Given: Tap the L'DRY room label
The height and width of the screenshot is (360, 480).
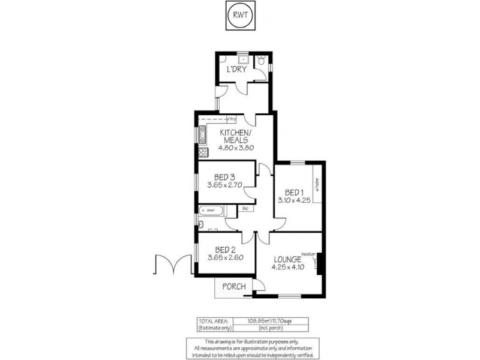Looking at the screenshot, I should pyautogui.click(x=236, y=69).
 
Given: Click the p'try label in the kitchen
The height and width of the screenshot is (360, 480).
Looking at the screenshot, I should pyautogui.click(x=231, y=117).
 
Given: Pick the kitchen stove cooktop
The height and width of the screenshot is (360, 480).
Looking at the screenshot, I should pyautogui.click(x=203, y=152).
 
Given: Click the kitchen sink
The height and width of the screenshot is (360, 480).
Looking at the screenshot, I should pyautogui.click(x=203, y=137).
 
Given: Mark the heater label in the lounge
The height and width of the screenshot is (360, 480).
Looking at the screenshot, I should pyautogui.click(x=309, y=254).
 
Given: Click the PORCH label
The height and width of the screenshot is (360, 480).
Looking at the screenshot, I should pyautogui.click(x=234, y=286).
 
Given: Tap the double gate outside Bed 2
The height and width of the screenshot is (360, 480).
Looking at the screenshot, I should pyautogui.click(x=170, y=265).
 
